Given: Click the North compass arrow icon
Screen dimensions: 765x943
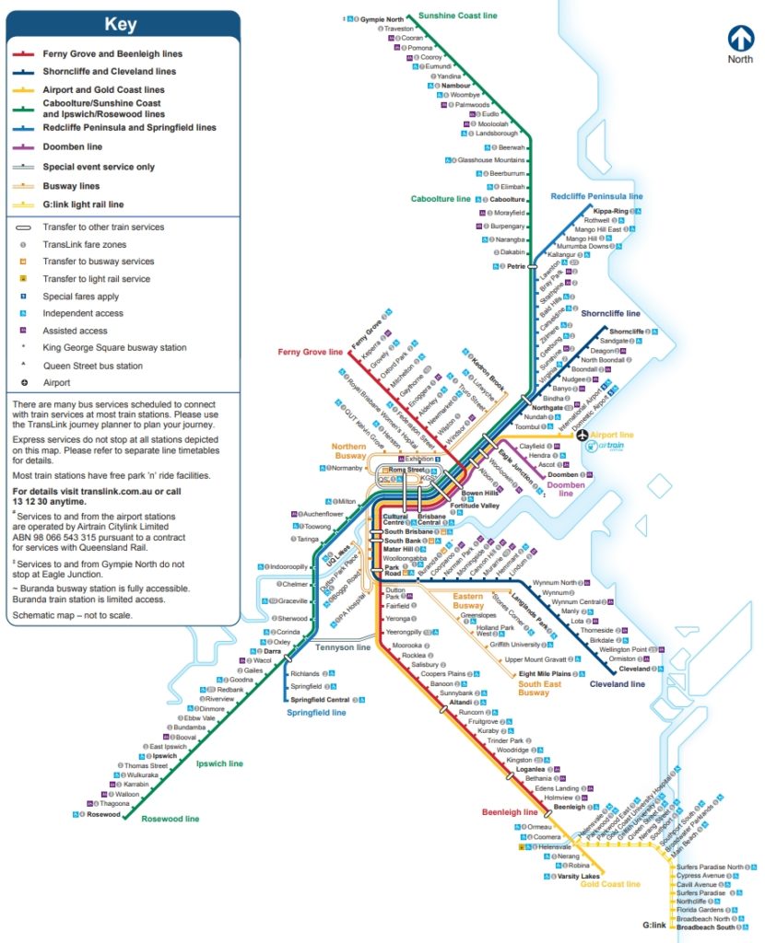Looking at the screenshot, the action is pos(739,38).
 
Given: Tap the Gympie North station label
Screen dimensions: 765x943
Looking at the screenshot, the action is pos(382,18).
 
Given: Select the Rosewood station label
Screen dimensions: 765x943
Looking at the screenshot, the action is pos(103,814).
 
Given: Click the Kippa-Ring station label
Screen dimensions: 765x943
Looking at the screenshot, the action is pos(611,211).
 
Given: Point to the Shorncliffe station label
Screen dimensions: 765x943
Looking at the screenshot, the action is pos(627,331).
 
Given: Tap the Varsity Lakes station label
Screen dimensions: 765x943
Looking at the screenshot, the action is pos(579,876).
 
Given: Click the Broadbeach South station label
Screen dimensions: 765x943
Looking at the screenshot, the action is pos(705,927).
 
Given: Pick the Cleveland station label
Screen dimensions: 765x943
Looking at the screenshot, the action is pos(634,669).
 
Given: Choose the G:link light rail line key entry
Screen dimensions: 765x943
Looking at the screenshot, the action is pos(83,204).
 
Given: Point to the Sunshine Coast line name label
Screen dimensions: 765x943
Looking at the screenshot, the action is pos(457,16).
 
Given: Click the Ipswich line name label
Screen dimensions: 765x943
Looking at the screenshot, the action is pos(220,763).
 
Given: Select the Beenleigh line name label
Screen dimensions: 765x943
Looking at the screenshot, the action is pos(510,812).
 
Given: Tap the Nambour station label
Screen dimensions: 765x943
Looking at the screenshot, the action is pos(455,85).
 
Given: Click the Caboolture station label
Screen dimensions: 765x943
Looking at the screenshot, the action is pos(506,199).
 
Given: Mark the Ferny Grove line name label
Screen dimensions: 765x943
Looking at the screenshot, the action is pos(310,352).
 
